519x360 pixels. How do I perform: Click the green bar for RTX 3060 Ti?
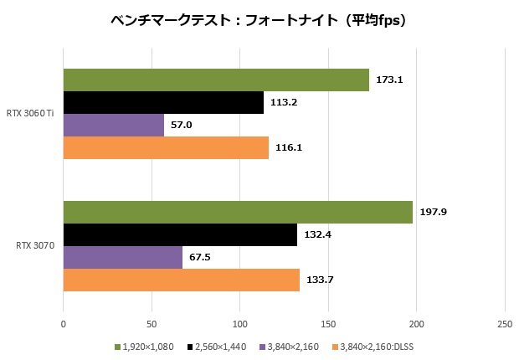(216, 80)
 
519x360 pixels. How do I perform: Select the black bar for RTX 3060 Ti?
(163, 102)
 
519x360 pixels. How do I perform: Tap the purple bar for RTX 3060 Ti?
(114, 125)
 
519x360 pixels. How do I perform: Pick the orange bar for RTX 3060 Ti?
(166, 147)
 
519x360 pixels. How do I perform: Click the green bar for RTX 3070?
(238, 213)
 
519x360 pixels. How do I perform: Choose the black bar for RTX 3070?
(180, 235)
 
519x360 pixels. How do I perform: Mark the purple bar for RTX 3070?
(123, 257)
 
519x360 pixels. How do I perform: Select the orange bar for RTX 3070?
(182, 280)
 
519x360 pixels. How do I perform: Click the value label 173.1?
(390, 80)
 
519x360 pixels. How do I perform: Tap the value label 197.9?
(434, 213)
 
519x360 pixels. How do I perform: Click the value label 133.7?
(321, 280)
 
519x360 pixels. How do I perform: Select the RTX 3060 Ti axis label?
(30, 114)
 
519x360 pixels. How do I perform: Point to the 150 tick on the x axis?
(328, 323)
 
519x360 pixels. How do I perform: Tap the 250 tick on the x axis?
(505, 323)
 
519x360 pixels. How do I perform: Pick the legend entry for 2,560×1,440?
(222, 346)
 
